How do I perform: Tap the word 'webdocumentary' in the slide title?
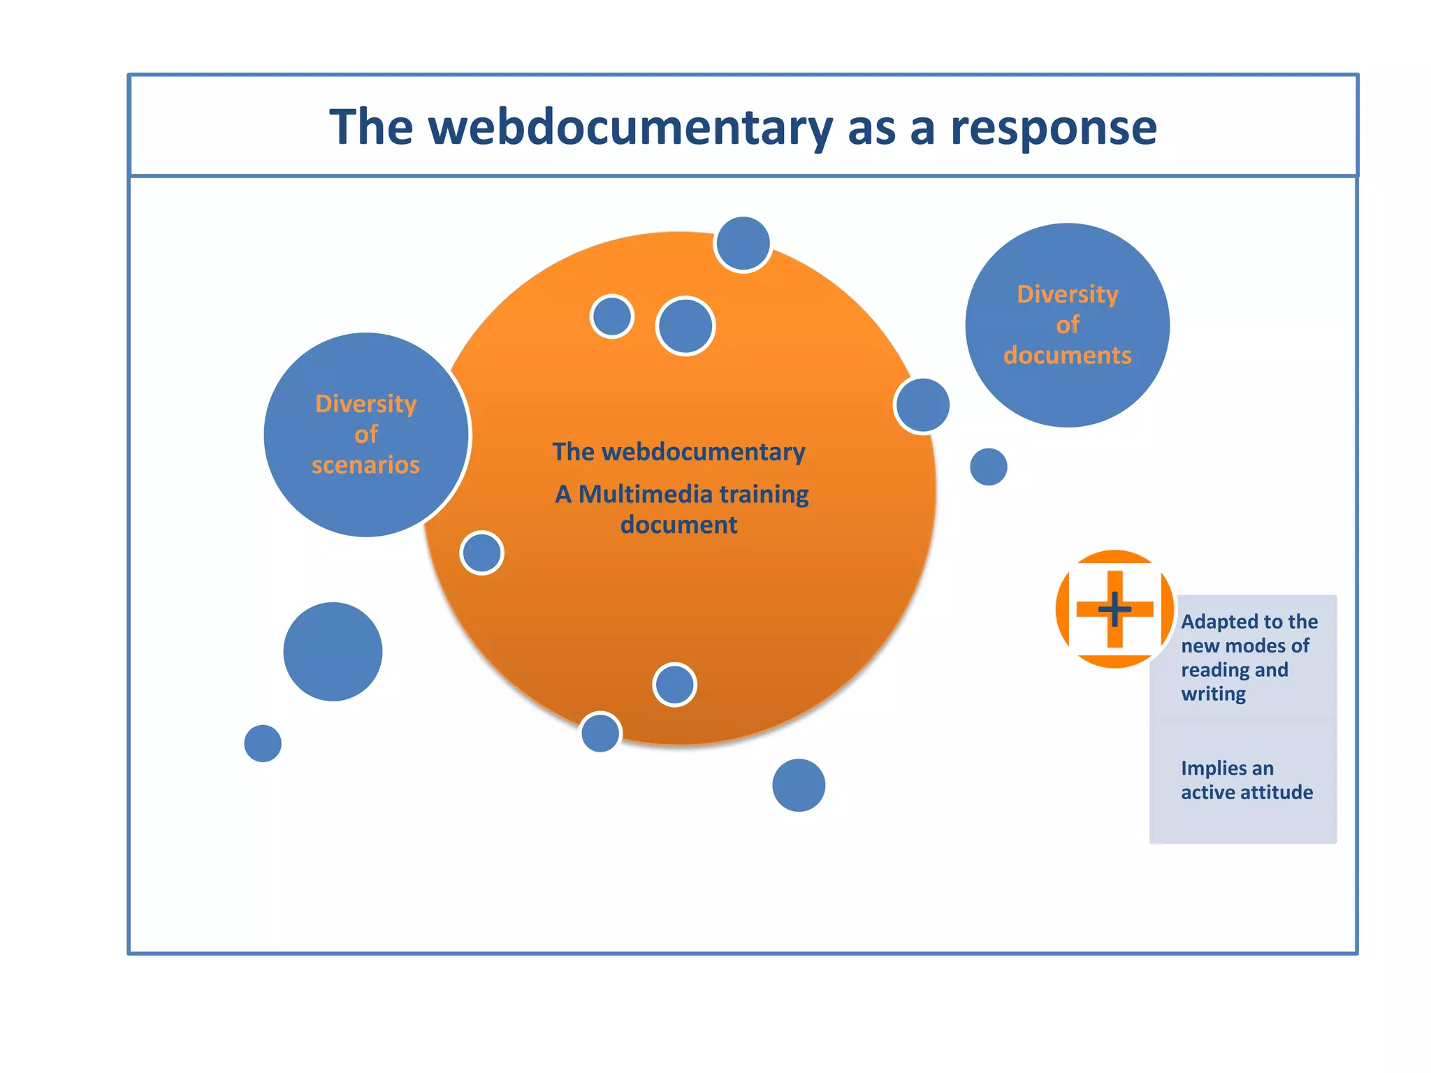click(630, 128)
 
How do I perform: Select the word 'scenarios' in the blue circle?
click(365, 465)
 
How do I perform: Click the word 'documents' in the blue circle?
click(1067, 356)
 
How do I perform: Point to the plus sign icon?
click(1114, 609)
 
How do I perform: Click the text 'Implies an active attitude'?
click(1246, 780)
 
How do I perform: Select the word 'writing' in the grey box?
click(1213, 694)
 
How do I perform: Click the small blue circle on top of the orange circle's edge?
click(743, 244)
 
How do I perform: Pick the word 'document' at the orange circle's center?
click(678, 525)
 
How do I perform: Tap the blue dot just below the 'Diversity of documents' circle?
click(988, 467)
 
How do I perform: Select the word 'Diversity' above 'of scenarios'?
click(365, 404)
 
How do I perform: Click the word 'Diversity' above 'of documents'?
click(1067, 294)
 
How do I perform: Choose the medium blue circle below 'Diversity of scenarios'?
click(333, 652)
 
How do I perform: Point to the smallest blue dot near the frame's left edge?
click(263, 743)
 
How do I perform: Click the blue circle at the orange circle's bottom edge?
click(600, 732)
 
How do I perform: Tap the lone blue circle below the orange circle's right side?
click(799, 785)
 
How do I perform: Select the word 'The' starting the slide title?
click(371, 128)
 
